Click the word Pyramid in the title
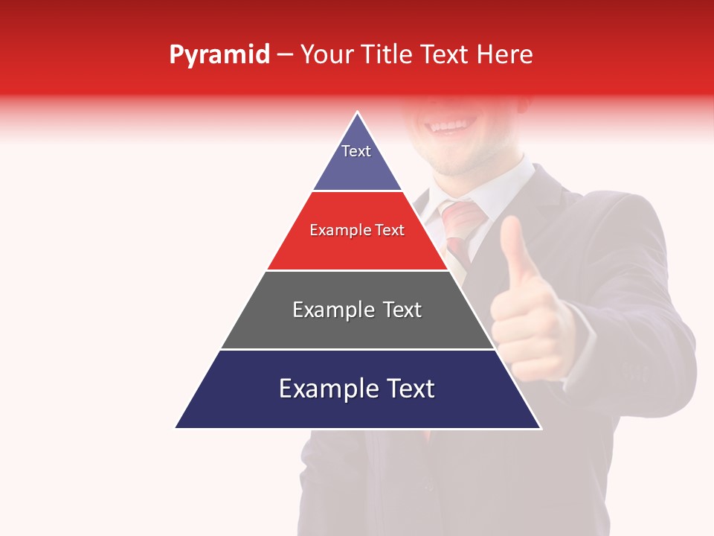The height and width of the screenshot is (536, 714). click(x=219, y=55)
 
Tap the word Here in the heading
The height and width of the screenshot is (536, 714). click(x=504, y=55)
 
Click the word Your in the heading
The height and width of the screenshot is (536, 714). click(x=327, y=55)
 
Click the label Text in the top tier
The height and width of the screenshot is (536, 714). click(x=356, y=151)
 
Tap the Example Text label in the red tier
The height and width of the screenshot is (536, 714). click(x=357, y=230)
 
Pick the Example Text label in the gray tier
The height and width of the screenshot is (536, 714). click(x=357, y=310)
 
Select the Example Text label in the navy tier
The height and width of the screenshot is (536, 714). click(x=357, y=389)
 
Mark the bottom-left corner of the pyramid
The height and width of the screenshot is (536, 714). click(x=176, y=428)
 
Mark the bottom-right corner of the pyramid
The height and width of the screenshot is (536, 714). click(x=540, y=428)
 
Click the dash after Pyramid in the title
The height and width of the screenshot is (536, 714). click(x=285, y=55)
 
